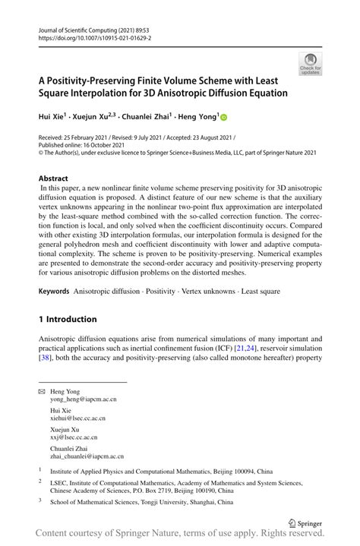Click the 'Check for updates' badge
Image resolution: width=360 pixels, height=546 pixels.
(310, 64)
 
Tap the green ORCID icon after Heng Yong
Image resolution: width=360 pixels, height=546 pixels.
(224, 118)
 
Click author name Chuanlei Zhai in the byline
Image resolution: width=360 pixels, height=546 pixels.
(153, 118)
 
